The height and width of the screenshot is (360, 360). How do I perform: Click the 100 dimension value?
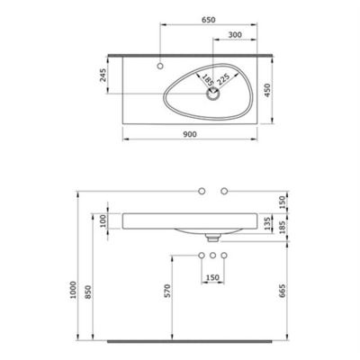coord(103,220)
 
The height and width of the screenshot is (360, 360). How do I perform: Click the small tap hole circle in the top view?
coord(160,67)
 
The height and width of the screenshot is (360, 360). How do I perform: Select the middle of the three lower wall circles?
coord(213,257)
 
